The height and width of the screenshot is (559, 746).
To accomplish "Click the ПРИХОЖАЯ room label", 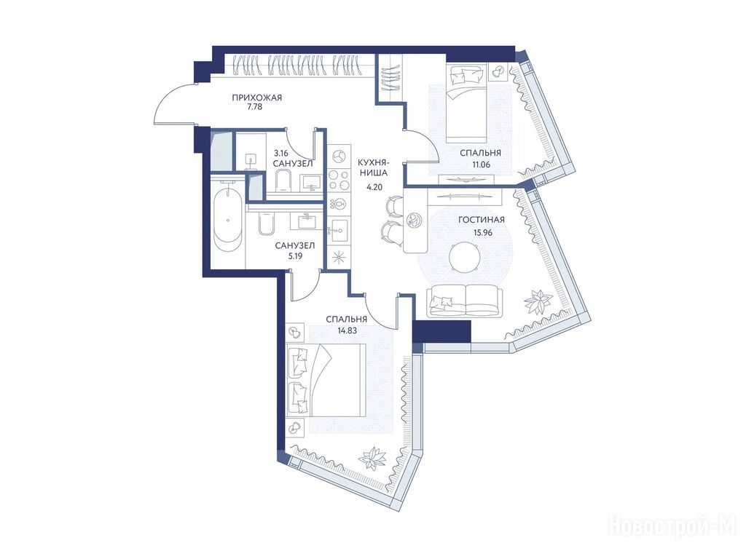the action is [x=257, y=98].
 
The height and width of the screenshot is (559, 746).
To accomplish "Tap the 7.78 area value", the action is [x=254, y=107].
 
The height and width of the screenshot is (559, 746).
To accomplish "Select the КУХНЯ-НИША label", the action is [x=373, y=167].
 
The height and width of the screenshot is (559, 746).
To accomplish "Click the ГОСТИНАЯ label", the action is [x=482, y=220].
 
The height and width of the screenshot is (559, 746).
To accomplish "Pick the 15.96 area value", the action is [x=482, y=233].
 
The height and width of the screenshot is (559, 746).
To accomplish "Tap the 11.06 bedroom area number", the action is [x=481, y=164].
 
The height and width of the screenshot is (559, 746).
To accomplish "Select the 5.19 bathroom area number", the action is [x=295, y=255].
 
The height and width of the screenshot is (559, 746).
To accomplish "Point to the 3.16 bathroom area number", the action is [x=281, y=153].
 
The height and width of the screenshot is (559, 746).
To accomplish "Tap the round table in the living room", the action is [x=464, y=257].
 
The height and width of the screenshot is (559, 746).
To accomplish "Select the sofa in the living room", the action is [x=465, y=301].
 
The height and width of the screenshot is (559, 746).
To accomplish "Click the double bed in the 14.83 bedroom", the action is [x=327, y=381].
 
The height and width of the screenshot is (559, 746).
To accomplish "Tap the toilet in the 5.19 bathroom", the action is [x=267, y=224].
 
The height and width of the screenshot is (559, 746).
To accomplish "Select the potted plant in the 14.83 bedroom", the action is [x=373, y=459].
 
